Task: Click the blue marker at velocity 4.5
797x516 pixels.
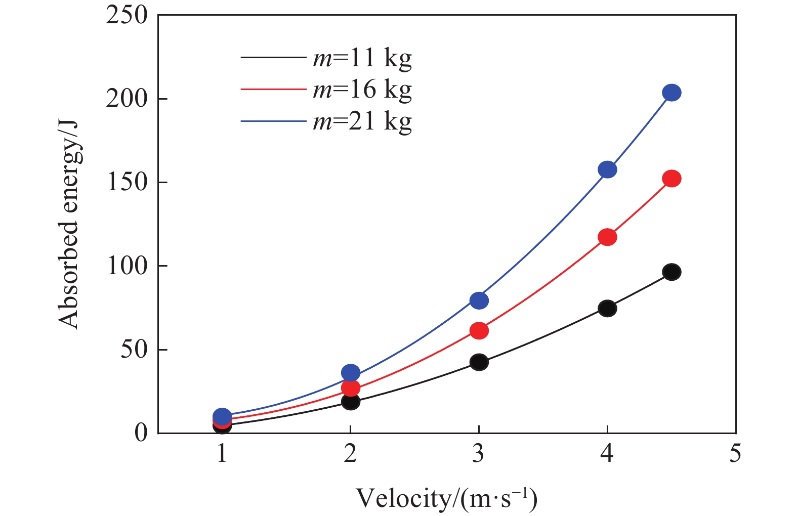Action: point(672,93)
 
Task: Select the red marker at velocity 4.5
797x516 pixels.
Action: point(672,179)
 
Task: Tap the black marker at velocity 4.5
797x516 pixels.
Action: point(672,272)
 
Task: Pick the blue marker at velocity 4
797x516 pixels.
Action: point(607,169)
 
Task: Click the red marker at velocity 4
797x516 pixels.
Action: point(607,237)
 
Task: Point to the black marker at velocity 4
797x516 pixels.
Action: point(607,308)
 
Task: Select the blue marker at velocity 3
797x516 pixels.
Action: point(479,300)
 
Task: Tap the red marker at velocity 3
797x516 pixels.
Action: point(479,331)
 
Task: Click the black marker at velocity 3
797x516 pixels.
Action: point(479,362)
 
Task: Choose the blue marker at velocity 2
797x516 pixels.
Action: point(351,373)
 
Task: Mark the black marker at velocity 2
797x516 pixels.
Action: point(351,402)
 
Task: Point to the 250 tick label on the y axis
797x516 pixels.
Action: point(127,15)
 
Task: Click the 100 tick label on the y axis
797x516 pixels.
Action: point(127,266)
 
